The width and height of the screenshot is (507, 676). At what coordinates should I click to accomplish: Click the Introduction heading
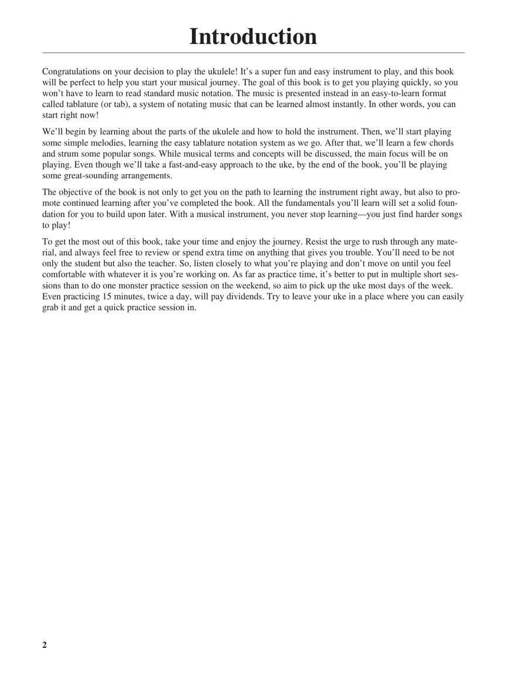click(x=253, y=36)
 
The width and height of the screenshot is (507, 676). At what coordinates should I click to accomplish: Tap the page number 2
click(x=45, y=645)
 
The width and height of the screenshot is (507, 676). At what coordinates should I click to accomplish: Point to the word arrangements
click(x=144, y=176)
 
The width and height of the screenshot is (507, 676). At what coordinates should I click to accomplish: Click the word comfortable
click(x=66, y=275)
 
